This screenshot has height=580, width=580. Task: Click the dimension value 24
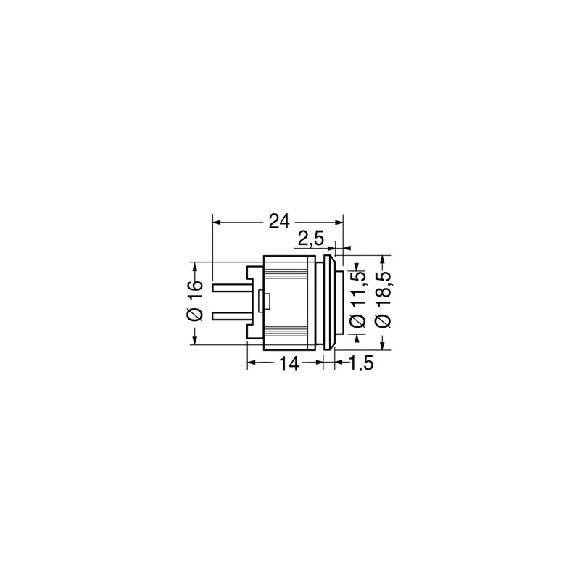279,222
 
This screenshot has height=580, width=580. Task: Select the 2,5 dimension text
311,239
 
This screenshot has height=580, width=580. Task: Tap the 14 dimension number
289,364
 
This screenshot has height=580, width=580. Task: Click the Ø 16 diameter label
195,301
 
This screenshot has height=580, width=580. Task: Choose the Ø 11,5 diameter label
357,299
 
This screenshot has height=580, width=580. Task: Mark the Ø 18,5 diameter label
383,299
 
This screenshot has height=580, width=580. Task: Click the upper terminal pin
232,288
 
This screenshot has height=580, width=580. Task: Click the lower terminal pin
232,317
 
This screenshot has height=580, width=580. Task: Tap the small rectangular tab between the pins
265,301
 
